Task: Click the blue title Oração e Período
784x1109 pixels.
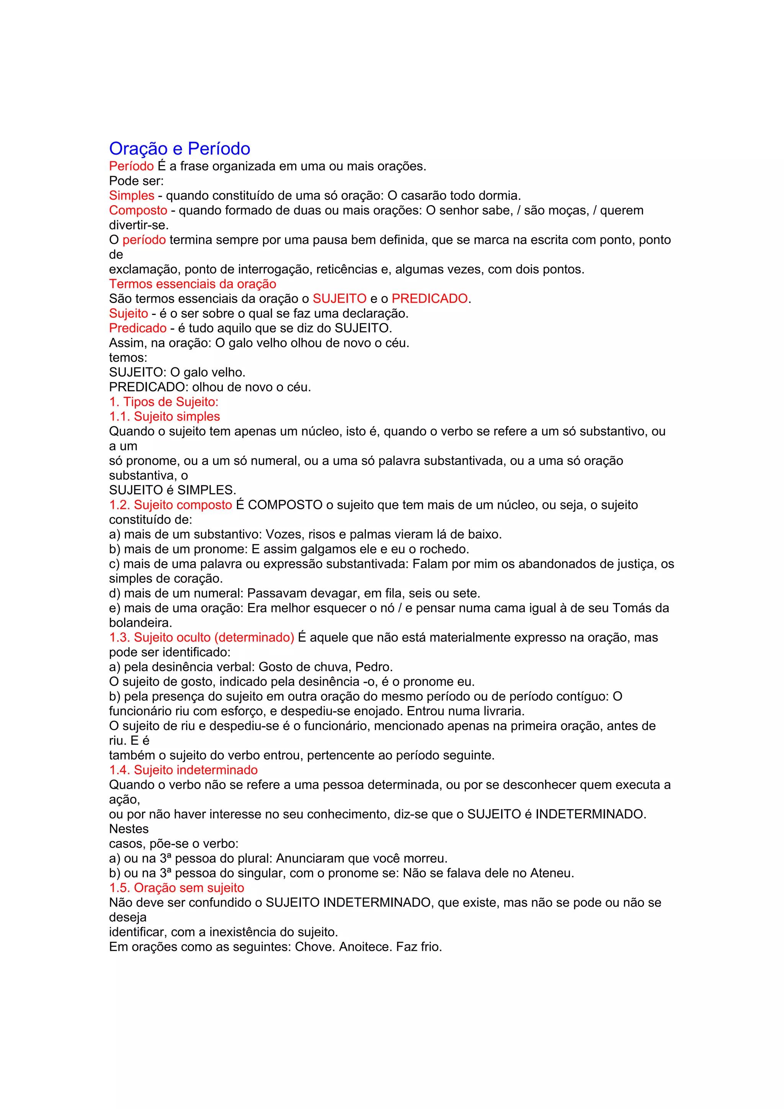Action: pos(179,149)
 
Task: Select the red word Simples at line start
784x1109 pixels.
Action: pos(131,196)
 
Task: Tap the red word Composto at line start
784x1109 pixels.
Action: pos(138,210)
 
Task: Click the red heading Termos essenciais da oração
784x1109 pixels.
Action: pos(192,284)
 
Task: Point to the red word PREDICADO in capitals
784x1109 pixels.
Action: pos(430,299)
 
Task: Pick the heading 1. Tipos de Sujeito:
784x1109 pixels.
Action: pos(164,402)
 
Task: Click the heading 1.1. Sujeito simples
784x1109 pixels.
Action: pos(164,417)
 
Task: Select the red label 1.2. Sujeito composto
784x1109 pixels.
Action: pos(170,505)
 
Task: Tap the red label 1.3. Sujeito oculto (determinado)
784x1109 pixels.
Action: pos(201,638)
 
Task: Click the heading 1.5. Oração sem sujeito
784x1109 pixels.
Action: pos(176,888)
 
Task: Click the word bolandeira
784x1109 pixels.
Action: pos(140,623)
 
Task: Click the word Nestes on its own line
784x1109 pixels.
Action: pos(129,829)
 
